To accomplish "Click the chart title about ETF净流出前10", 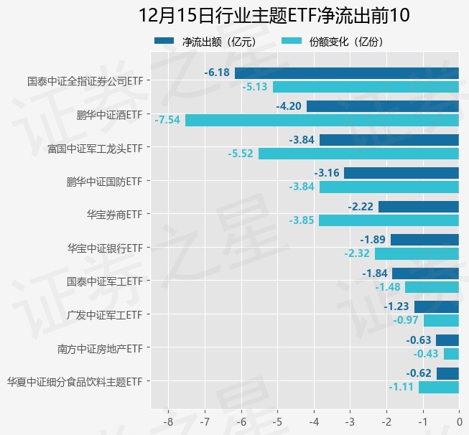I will (x=264, y=16).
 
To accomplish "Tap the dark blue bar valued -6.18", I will (x=346, y=72).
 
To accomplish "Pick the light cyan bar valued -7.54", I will (x=322, y=120).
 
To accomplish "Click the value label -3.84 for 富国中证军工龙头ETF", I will (x=302, y=139).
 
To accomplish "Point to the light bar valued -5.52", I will (x=358, y=154).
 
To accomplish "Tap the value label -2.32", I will (x=356, y=253).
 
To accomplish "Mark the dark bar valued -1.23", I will (x=436, y=307).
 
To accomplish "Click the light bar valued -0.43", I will (x=451, y=354).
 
